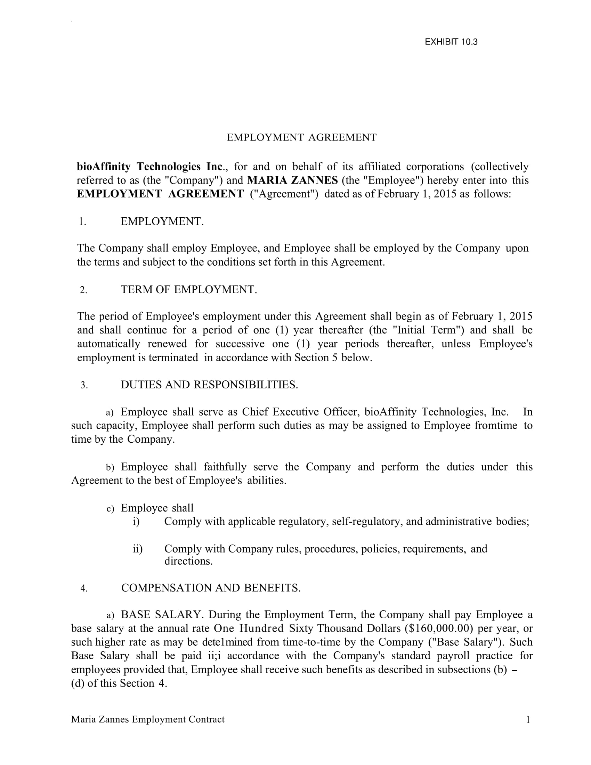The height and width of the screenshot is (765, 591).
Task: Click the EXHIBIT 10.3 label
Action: [x=451, y=42]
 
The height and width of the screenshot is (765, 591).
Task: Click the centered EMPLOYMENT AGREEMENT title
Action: [x=301, y=137]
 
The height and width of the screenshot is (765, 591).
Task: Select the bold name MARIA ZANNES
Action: [x=292, y=180]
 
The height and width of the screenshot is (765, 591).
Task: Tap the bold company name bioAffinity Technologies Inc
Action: [x=150, y=166]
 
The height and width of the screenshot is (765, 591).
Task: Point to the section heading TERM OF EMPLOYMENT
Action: [x=189, y=290]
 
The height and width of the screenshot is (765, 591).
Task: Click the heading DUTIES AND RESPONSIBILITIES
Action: [x=209, y=385]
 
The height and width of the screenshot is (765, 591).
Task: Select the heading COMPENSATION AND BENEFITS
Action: [x=211, y=588]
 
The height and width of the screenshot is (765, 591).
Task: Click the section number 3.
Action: [x=84, y=385]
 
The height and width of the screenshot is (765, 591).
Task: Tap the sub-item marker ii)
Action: [x=138, y=548]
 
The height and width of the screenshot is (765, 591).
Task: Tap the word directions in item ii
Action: [x=188, y=561]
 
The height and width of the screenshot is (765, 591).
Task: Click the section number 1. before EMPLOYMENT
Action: [x=82, y=222]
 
